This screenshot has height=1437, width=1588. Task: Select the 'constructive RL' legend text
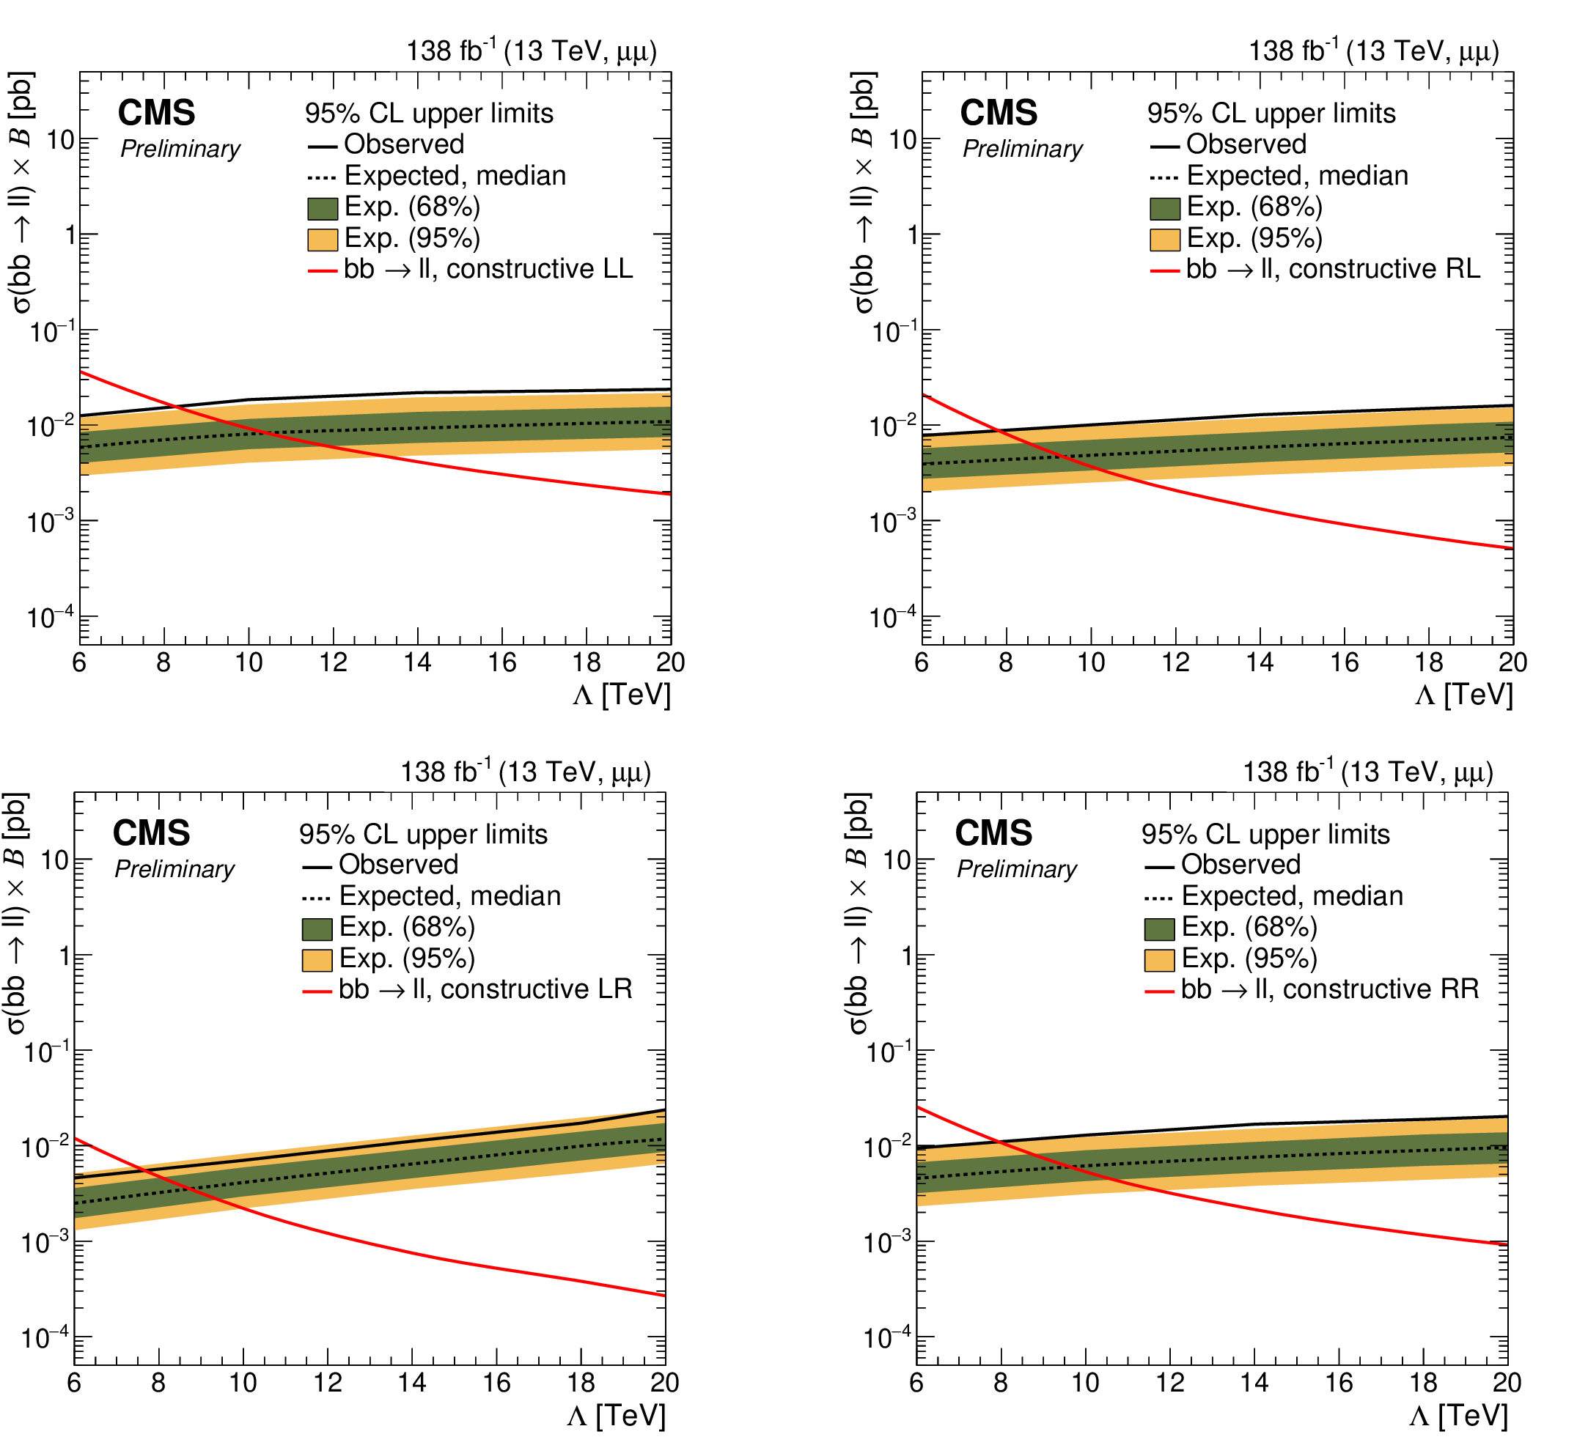point(1383,269)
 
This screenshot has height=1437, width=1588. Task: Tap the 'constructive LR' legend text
point(536,989)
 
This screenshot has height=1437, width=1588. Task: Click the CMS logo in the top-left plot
point(156,114)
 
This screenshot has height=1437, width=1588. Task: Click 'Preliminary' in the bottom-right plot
point(1016,869)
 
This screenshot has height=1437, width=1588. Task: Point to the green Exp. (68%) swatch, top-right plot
point(1164,208)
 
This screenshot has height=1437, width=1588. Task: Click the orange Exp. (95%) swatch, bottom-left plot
point(317,960)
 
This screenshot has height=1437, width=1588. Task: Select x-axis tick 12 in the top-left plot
point(333,663)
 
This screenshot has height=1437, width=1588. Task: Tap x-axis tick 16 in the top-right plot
point(1345,663)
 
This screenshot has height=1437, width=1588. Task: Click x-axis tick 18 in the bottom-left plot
point(581,1383)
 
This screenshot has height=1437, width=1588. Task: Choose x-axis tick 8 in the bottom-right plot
point(1000,1383)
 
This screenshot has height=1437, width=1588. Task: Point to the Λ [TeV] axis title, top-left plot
point(622,696)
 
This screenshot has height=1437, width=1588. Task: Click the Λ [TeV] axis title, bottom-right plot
point(1458,1416)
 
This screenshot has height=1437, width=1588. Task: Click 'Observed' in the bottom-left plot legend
point(399,865)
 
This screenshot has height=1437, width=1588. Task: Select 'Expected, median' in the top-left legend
point(455,176)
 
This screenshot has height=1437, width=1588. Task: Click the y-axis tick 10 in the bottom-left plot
point(55,860)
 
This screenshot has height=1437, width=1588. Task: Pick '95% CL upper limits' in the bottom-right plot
point(1265,835)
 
